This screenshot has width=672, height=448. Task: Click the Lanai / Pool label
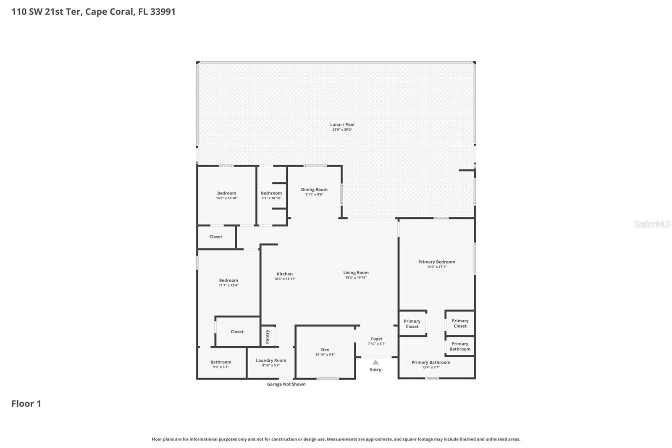click(x=342, y=124)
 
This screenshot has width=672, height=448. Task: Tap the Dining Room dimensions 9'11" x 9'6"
click(x=314, y=195)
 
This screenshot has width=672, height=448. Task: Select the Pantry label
click(x=268, y=336)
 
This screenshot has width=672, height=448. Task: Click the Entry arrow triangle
click(x=375, y=362)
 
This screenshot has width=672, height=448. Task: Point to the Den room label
click(x=325, y=350)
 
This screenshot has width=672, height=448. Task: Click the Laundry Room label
click(x=271, y=360)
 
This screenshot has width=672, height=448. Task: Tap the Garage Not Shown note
click(x=286, y=384)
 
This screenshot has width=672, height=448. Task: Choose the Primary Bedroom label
click(x=436, y=262)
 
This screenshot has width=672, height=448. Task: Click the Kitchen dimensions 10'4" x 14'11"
click(x=285, y=279)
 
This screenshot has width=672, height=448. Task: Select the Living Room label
click(x=356, y=273)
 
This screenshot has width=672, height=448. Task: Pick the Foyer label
click(x=377, y=339)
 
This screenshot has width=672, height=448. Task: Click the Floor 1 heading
click(x=26, y=403)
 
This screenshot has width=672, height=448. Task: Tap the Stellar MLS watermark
click(x=652, y=224)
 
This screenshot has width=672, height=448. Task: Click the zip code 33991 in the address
click(x=163, y=11)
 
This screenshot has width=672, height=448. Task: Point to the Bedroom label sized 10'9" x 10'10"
click(x=226, y=193)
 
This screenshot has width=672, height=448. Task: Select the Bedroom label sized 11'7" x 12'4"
click(x=228, y=280)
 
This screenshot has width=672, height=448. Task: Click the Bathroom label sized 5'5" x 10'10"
click(x=271, y=193)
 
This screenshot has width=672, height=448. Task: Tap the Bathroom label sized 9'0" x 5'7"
click(x=220, y=362)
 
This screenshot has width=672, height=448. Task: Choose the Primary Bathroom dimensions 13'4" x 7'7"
click(x=431, y=367)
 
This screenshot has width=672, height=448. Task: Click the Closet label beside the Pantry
click(x=237, y=332)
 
